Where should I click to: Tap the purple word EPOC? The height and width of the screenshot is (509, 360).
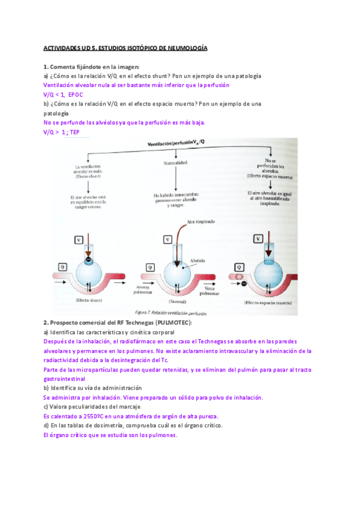point(76,95)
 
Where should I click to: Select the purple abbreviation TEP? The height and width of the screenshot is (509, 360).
point(75,131)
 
